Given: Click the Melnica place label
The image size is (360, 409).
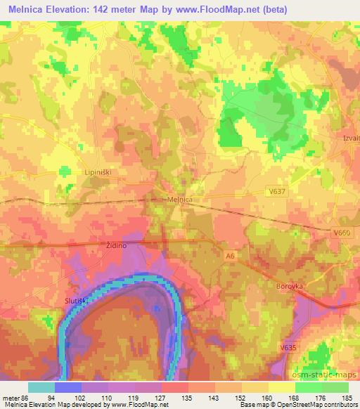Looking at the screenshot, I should coord(180,200).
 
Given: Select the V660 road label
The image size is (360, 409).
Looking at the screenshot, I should coord(342,233).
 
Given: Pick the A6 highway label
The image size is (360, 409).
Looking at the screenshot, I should coord(229,257).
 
